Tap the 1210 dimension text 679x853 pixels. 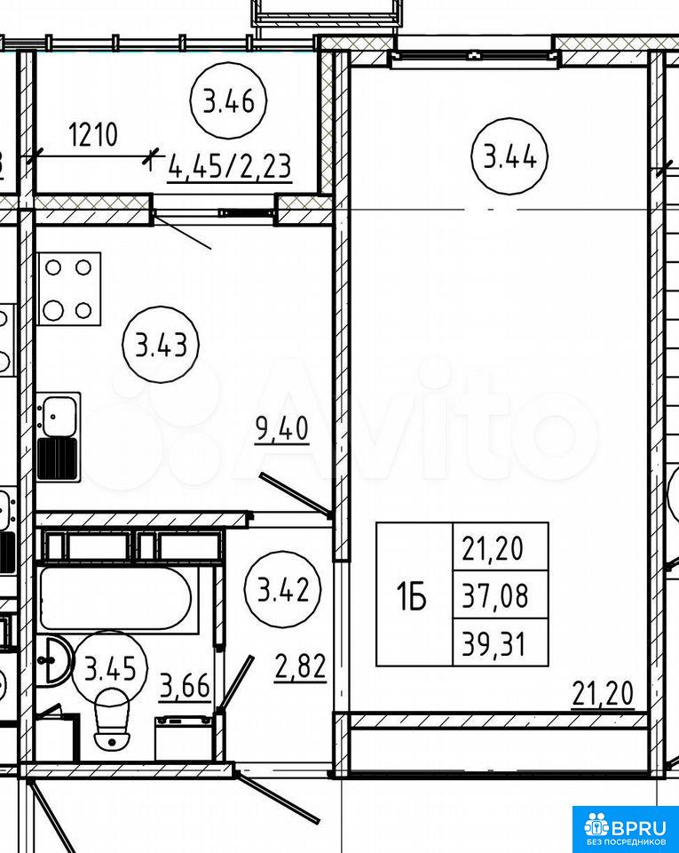(x=93, y=135)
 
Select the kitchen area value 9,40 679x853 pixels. (x=282, y=428)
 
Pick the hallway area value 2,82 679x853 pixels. (x=300, y=667)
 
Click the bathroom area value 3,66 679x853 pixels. (x=185, y=687)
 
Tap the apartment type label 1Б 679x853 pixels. (x=412, y=596)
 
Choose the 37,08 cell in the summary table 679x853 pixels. (x=501, y=594)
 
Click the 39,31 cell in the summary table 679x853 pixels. (x=501, y=642)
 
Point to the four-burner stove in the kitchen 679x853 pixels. (x=69, y=289)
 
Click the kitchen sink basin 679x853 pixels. (x=59, y=416)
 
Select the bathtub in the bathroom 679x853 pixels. (x=116, y=599)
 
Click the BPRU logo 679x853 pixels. (x=625, y=828)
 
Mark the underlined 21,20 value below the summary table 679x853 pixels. (x=603, y=695)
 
